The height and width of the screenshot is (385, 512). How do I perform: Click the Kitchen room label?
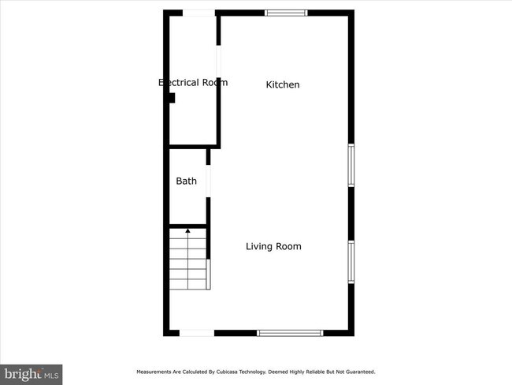[283, 84]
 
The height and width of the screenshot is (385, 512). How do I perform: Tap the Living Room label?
[273, 246]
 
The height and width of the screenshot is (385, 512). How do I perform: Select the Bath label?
[186, 181]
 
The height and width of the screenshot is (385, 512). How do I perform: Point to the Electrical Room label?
[193, 82]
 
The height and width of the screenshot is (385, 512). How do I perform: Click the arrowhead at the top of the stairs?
[187, 231]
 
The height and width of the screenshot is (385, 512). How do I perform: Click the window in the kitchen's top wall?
[286, 13]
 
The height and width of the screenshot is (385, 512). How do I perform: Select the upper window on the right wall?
[351, 165]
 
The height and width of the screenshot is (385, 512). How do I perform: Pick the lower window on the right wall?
[351, 262]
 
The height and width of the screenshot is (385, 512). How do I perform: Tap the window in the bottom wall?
[290, 333]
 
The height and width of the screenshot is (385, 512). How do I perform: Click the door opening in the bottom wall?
[196, 333]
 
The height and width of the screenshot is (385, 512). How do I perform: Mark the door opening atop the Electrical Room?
[198, 13]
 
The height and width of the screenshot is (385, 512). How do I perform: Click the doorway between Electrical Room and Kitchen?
[218, 62]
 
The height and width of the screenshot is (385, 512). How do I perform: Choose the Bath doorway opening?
[209, 181]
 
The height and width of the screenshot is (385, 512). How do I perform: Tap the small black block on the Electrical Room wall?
[171, 99]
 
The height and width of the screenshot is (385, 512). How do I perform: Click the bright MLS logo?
[32, 373]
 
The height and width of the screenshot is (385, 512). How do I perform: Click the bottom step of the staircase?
[187, 282]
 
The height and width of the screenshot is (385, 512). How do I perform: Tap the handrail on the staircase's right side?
[208, 272]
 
